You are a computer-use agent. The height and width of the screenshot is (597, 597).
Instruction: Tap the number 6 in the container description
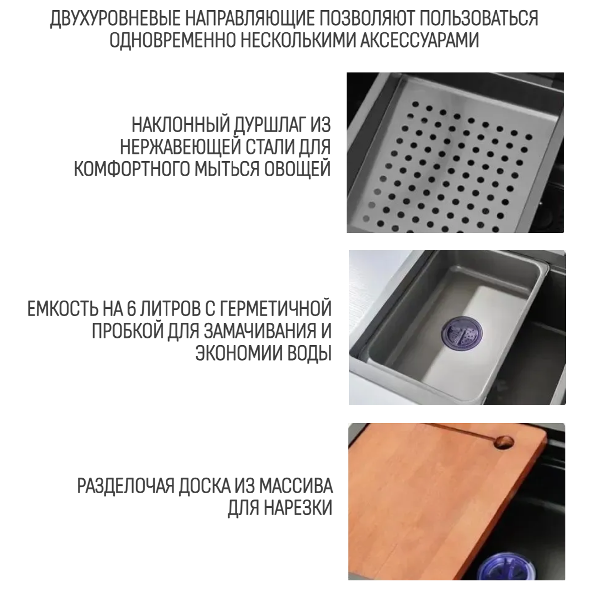pos(130,309)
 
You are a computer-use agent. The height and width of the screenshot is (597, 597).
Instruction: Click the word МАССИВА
pos(295,486)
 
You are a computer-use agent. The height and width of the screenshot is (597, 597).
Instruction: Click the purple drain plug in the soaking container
pos(462,332)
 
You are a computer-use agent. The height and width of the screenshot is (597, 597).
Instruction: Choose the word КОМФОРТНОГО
pos(132,168)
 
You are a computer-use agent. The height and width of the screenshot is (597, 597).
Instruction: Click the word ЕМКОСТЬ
pos(62,309)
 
